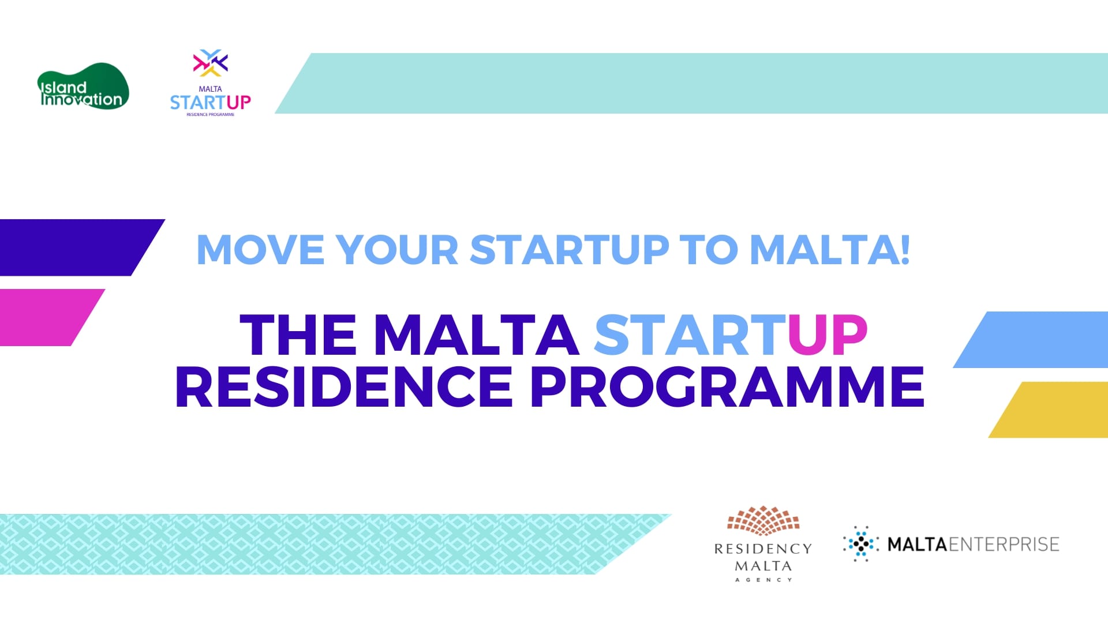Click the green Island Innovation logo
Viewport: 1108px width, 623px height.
pos(83,86)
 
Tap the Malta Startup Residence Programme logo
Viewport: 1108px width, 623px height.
pos(211,82)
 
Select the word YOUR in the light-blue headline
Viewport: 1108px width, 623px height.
pos(397,250)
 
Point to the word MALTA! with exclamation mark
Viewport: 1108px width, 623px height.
pos(830,250)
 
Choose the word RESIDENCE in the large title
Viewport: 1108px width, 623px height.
pos(344,386)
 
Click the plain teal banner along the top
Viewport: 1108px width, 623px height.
pos(691,84)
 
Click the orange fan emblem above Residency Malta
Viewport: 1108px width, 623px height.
pos(763,519)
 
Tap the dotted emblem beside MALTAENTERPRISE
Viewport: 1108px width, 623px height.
pos(860,543)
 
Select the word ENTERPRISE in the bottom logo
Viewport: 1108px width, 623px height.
pos(1004,544)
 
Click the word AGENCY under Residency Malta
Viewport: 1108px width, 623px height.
pos(763,580)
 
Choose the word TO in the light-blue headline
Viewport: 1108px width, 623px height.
pos(709,250)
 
